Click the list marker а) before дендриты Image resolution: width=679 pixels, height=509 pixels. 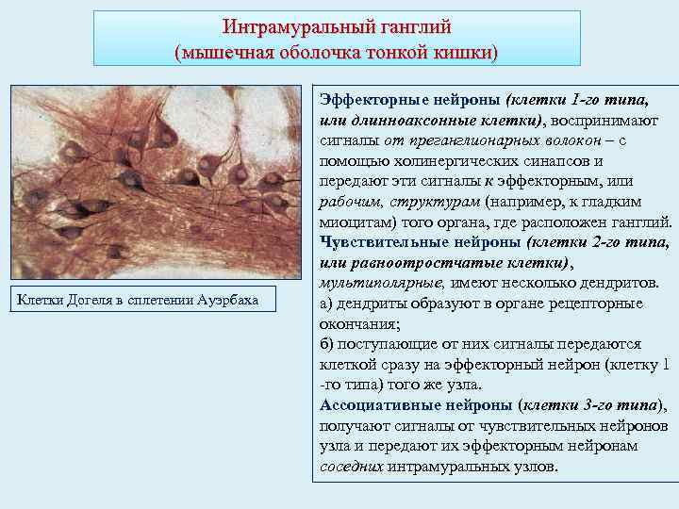click(x=327, y=304)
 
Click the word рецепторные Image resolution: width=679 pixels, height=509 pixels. click(x=585, y=304)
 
